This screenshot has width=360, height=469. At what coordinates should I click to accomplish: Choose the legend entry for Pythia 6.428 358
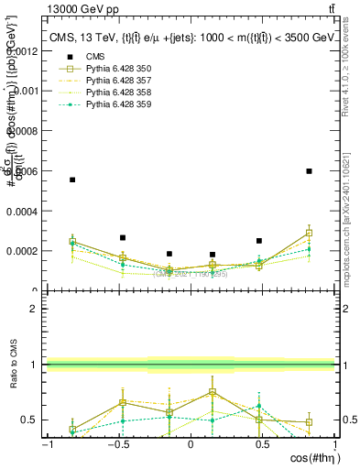[x=111, y=93]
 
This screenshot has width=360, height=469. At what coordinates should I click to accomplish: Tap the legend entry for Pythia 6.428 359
[x=111, y=105]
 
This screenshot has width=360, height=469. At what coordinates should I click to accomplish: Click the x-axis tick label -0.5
[x=116, y=445]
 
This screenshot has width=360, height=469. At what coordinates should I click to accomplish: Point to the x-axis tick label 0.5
[x=262, y=445]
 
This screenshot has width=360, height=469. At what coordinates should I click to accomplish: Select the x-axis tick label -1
[x=47, y=445]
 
